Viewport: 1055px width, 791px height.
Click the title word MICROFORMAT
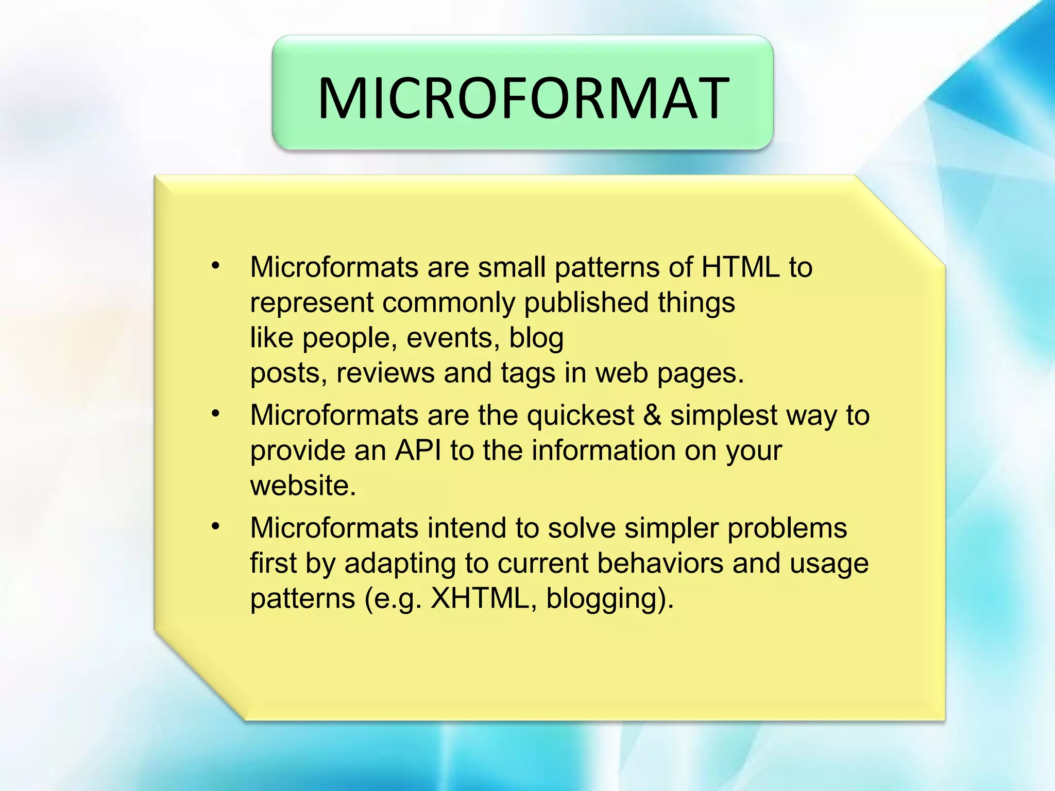pyautogui.click(x=522, y=98)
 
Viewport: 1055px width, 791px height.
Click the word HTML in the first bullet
pyautogui.click(x=740, y=268)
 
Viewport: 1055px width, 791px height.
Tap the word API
pyautogui.click(x=418, y=451)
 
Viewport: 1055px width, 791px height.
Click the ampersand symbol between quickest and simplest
pyautogui.click(x=652, y=416)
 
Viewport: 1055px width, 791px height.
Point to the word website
pyautogui.click(x=302, y=486)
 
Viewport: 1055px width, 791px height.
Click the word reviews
pyautogui.click(x=385, y=373)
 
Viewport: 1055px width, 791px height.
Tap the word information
pyautogui.click(x=603, y=451)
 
